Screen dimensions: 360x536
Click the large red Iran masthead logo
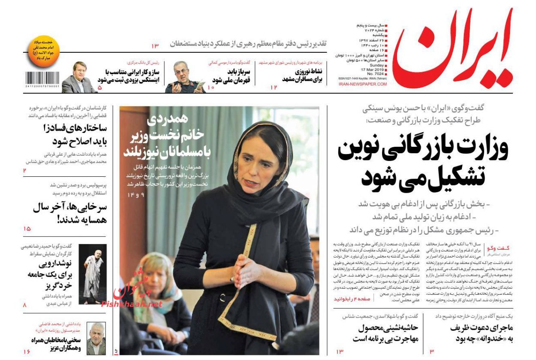(452, 49)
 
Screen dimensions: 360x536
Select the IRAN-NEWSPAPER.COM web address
(362, 84)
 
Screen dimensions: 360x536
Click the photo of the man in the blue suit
(79, 78)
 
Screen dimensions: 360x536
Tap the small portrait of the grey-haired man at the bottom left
(96, 339)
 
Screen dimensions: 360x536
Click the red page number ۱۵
(27, 229)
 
